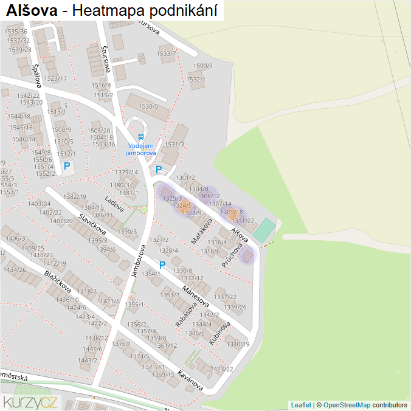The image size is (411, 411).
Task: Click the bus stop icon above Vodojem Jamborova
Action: click(x=141, y=137)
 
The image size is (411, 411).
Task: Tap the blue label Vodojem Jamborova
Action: click(x=141, y=150)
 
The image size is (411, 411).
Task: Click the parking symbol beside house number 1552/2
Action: click(x=67, y=166)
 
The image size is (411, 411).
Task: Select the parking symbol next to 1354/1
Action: click(x=162, y=265)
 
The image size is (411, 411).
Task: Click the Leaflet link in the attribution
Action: click(x=301, y=405)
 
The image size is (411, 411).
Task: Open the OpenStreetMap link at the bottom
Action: click(x=347, y=405)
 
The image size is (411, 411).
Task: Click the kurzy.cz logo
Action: click(x=30, y=401)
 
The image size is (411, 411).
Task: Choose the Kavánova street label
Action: click(x=190, y=379)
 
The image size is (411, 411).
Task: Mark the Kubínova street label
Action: click(x=219, y=333)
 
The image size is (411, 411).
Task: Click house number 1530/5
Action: click(x=148, y=106)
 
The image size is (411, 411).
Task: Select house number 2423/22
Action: click(x=221, y=369)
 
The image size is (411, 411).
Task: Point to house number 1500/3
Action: click(x=203, y=66)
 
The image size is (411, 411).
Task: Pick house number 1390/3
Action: click(x=127, y=232)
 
